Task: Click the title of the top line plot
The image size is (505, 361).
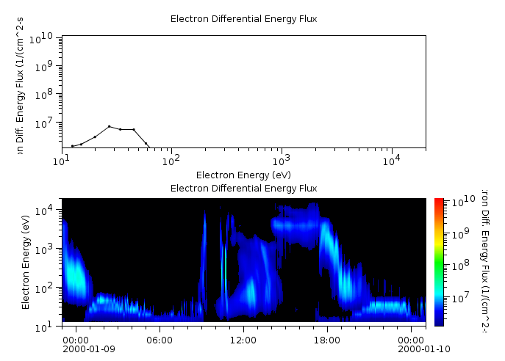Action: pyautogui.click(x=243, y=19)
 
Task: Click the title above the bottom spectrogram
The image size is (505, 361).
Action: pyautogui.click(x=243, y=189)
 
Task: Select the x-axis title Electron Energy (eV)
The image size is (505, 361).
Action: pyautogui.click(x=243, y=175)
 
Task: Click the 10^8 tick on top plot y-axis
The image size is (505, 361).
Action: pyautogui.click(x=46, y=94)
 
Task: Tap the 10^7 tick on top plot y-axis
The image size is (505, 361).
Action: pyautogui.click(x=46, y=123)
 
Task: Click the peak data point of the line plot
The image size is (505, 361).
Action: pyautogui.click(x=109, y=126)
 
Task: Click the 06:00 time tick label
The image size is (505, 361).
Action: pyautogui.click(x=160, y=340)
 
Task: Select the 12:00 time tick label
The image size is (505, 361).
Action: pyautogui.click(x=243, y=340)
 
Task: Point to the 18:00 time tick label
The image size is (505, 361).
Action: pyautogui.click(x=327, y=340)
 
